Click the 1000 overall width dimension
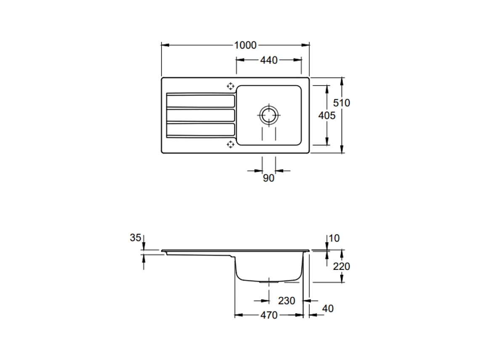point(246,45)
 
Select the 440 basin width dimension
point(268,60)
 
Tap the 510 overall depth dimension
point(342,103)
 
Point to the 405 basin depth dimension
point(327,115)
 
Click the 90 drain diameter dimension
point(268,178)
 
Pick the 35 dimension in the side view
point(135,238)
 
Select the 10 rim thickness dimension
point(334,238)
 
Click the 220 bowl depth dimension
point(341,266)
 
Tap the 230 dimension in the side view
point(286,301)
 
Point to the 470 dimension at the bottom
point(269,315)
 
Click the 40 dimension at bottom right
point(328,309)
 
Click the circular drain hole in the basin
point(268,115)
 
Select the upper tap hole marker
point(230,86)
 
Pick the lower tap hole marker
point(230,144)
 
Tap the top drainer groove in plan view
point(201,101)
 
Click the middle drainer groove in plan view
point(201,115)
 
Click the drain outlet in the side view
point(268,281)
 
